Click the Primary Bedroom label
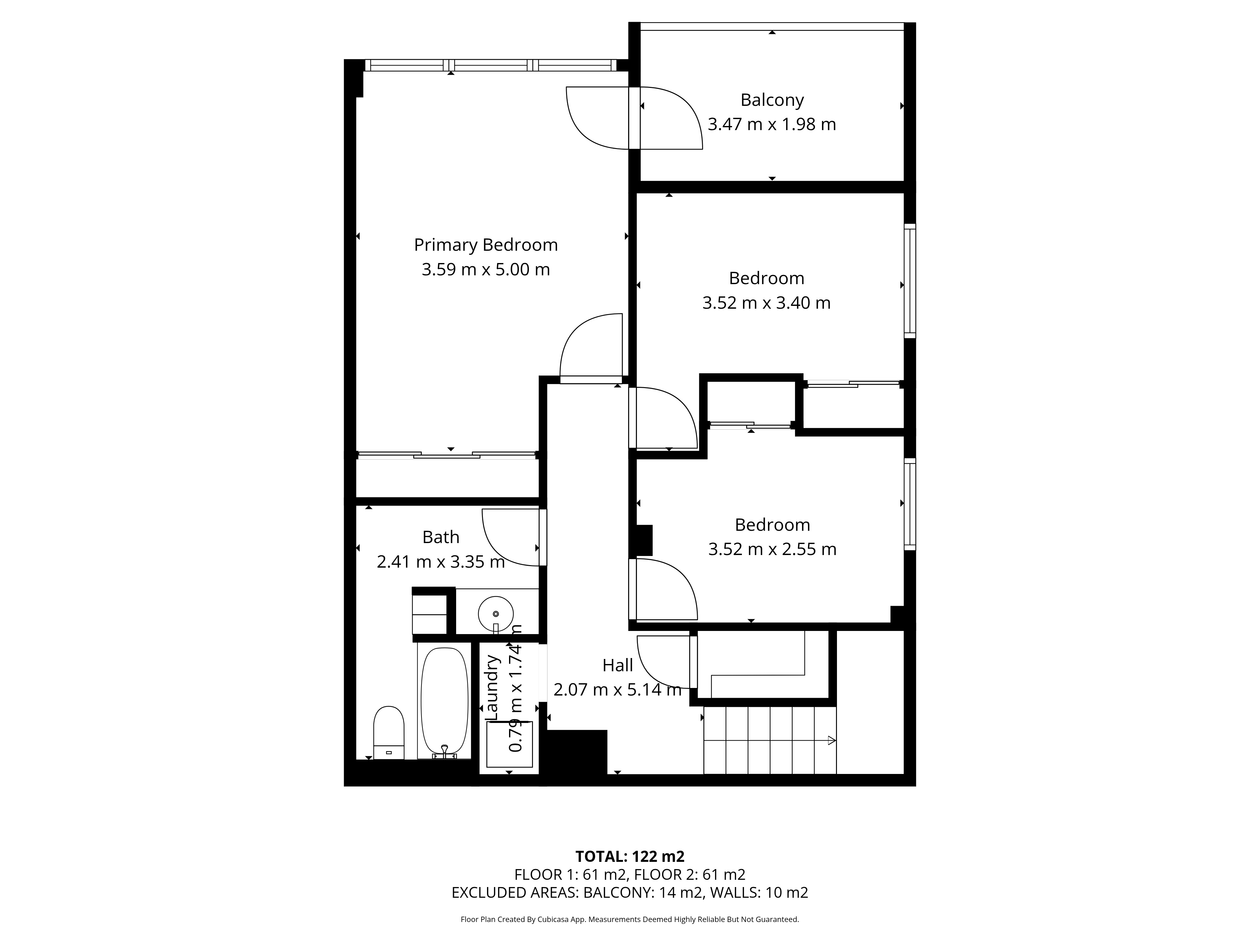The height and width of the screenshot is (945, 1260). (x=485, y=245)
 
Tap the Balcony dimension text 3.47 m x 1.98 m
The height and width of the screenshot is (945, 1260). (x=772, y=124)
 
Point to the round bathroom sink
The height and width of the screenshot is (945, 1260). (x=495, y=614)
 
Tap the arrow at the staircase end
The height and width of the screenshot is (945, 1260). (x=832, y=741)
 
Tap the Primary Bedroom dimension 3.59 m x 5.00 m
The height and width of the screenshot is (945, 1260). (x=485, y=269)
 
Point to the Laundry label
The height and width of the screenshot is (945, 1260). (x=492, y=688)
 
